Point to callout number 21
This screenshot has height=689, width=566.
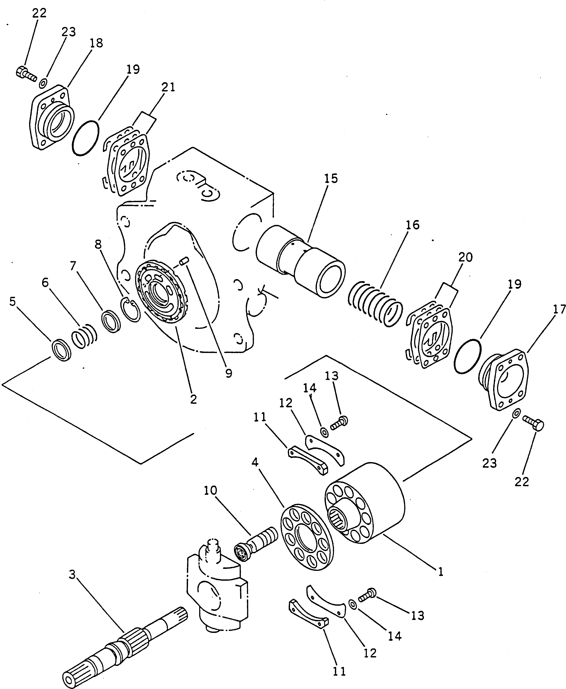168,87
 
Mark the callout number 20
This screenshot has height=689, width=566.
465,257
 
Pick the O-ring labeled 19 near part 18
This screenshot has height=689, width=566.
85,138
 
